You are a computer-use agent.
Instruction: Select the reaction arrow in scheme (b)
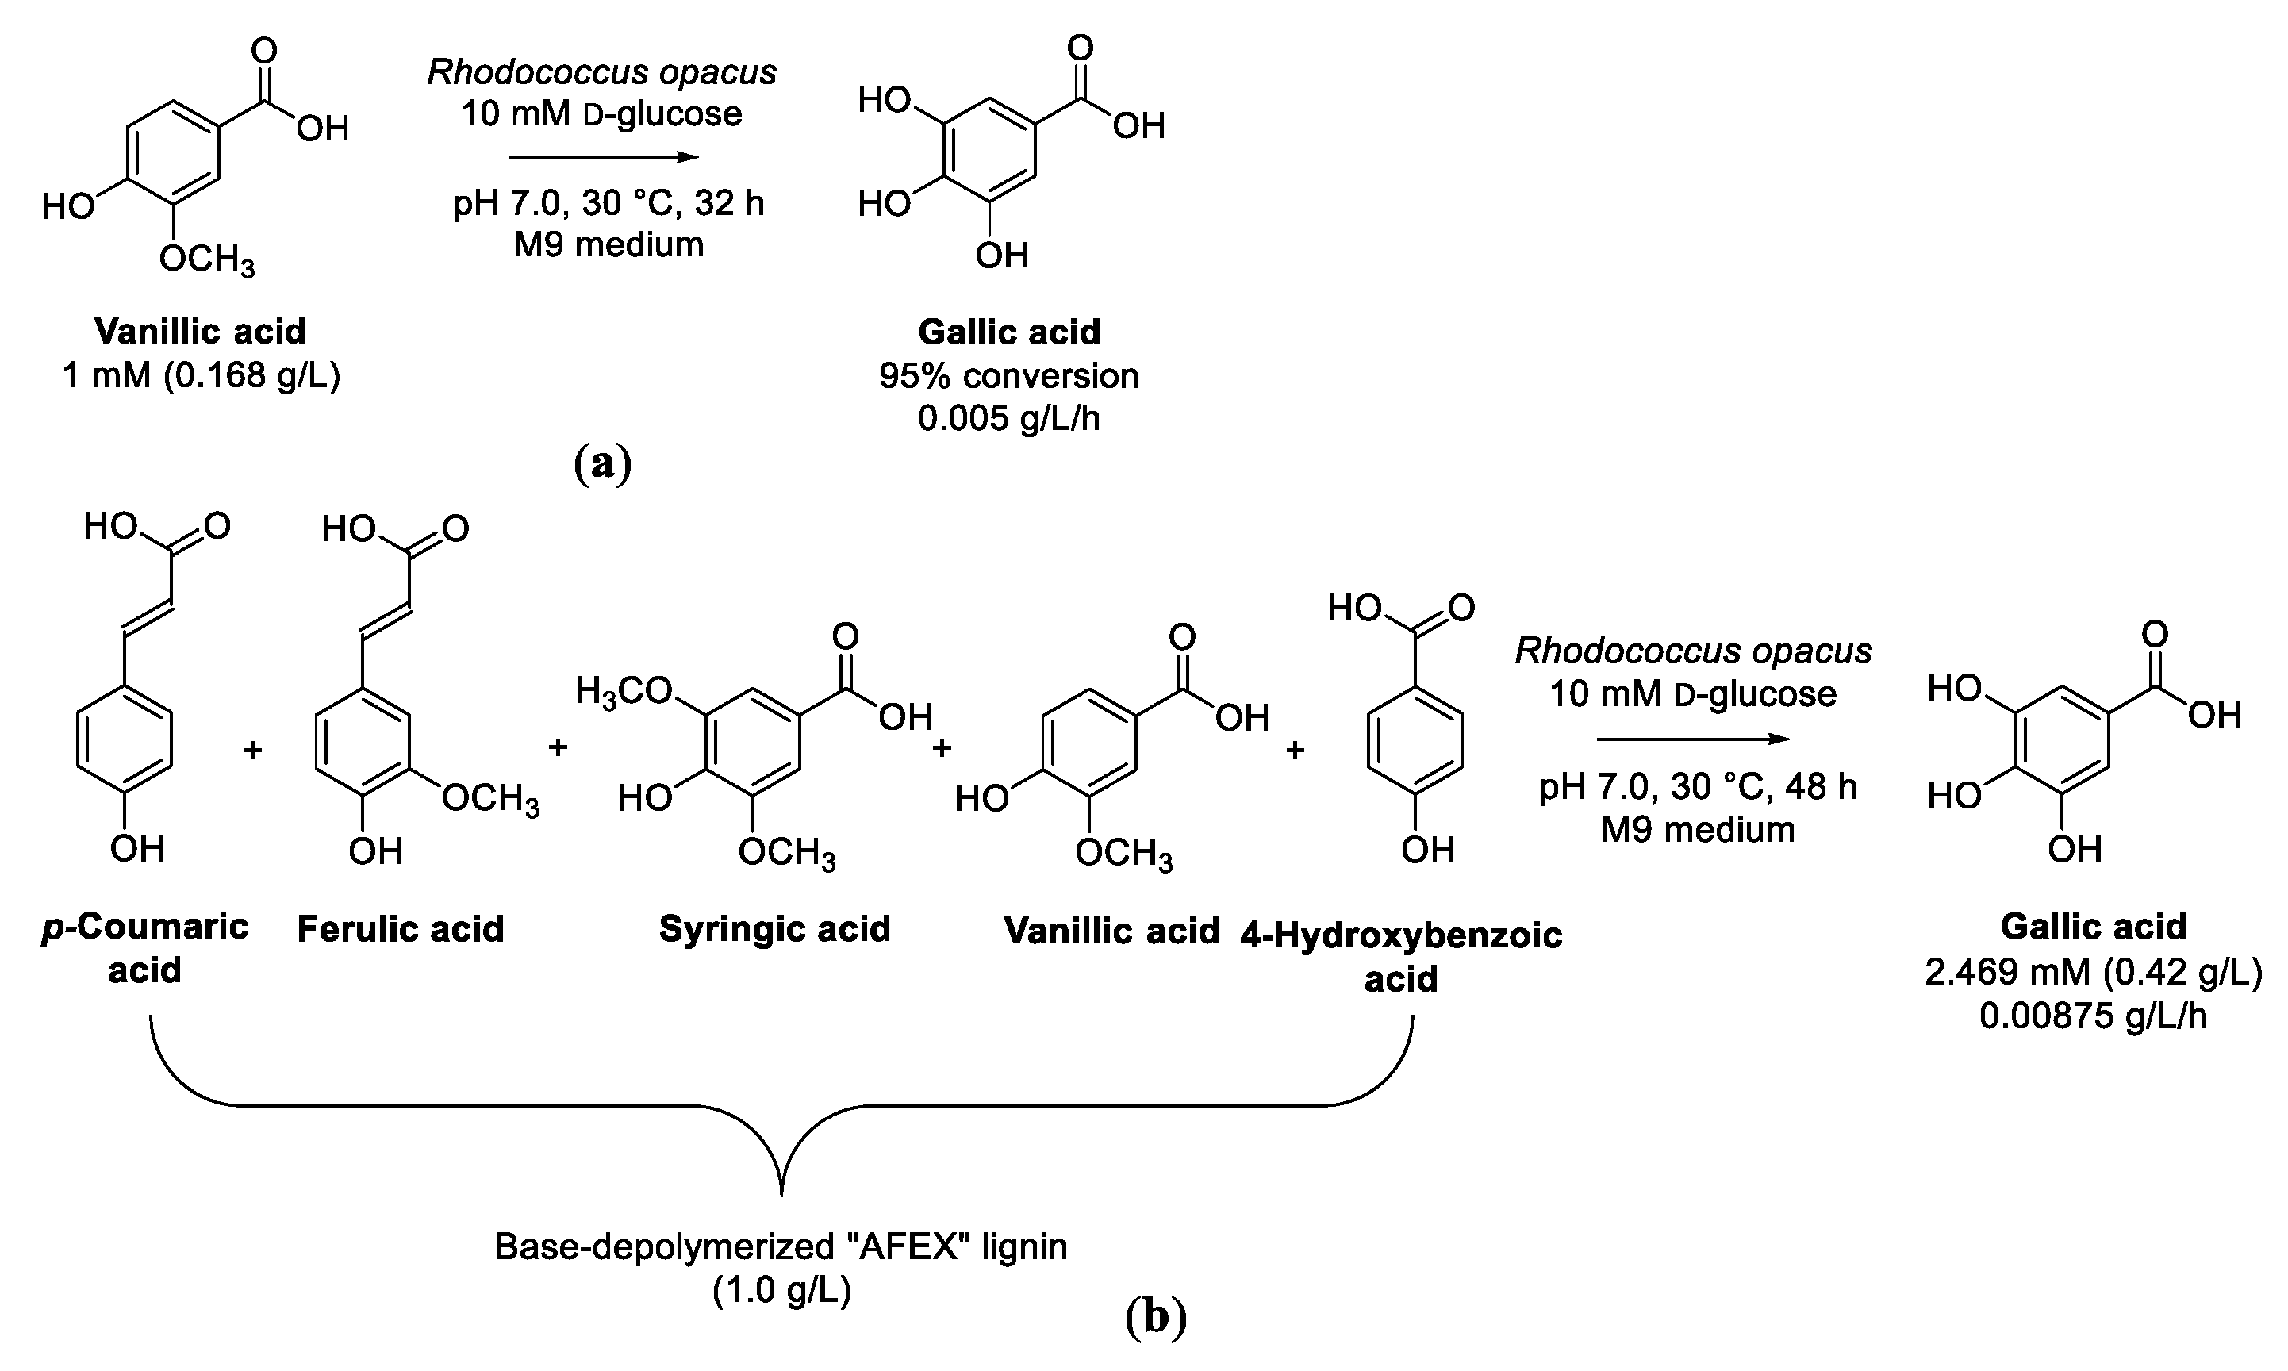coord(1693,739)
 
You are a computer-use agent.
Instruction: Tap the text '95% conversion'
coord(1008,376)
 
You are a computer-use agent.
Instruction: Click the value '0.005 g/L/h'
coord(1008,418)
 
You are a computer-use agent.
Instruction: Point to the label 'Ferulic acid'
coord(400,929)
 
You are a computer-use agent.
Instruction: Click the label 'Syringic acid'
coord(774,929)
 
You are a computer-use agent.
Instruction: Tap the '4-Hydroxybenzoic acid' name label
coord(1400,957)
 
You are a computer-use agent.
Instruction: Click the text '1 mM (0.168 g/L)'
coord(201,376)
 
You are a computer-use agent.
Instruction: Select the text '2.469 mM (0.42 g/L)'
coord(2093,973)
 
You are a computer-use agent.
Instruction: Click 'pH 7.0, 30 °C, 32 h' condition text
coord(608,202)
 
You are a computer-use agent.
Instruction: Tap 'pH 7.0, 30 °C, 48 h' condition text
coord(1698,786)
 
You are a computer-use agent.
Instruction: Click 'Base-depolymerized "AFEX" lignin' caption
coord(781,1247)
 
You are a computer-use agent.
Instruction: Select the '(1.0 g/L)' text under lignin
coord(781,1291)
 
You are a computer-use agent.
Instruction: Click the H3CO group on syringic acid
coord(624,691)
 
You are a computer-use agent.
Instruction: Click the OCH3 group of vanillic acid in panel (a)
coord(206,259)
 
